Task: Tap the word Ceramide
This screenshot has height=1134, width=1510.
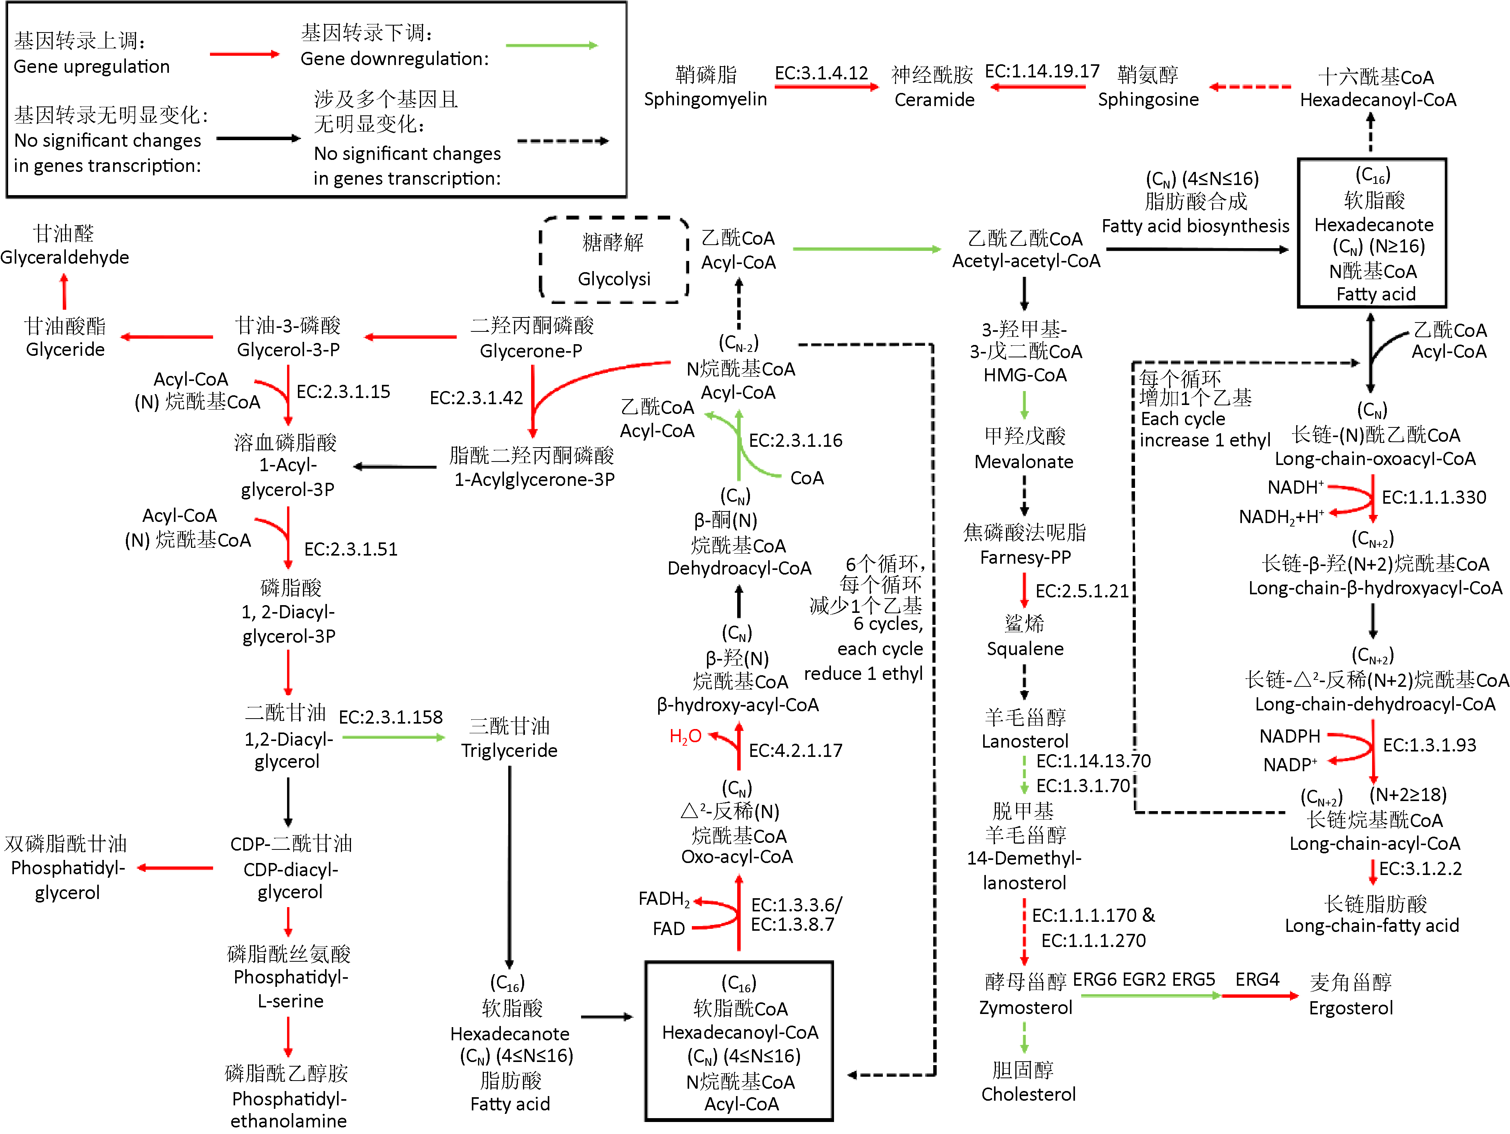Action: [934, 100]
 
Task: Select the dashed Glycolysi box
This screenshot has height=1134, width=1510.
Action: [614, 260]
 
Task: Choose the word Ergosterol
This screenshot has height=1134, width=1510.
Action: [1350, 1008]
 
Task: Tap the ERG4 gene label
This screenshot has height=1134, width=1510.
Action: [1257, 980]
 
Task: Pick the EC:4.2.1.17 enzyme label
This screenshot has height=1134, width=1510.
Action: [795, 751]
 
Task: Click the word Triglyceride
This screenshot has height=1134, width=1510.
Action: [509, 751]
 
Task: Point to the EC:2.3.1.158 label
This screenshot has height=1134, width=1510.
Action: [390, 717]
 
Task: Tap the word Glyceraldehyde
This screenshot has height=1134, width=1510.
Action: [65, 257]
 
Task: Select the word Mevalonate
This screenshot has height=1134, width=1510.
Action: [1023, 462]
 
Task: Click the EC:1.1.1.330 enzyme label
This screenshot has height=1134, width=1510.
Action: [1434, 498]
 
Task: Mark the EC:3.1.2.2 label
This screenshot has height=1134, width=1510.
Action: [1420, 868]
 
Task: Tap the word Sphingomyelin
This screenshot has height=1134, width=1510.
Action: [705, 100]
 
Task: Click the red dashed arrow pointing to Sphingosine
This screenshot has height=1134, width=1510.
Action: [1250, 87]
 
